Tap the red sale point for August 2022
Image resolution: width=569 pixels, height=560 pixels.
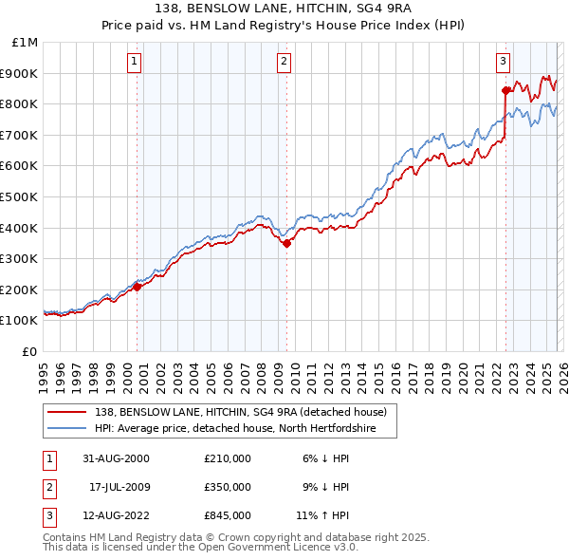click(505, 90)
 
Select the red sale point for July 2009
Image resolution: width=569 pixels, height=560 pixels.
click(286, 243)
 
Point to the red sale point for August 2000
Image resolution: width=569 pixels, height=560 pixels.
click(138, 287)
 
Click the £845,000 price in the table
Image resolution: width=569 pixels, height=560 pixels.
click(227, 515)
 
